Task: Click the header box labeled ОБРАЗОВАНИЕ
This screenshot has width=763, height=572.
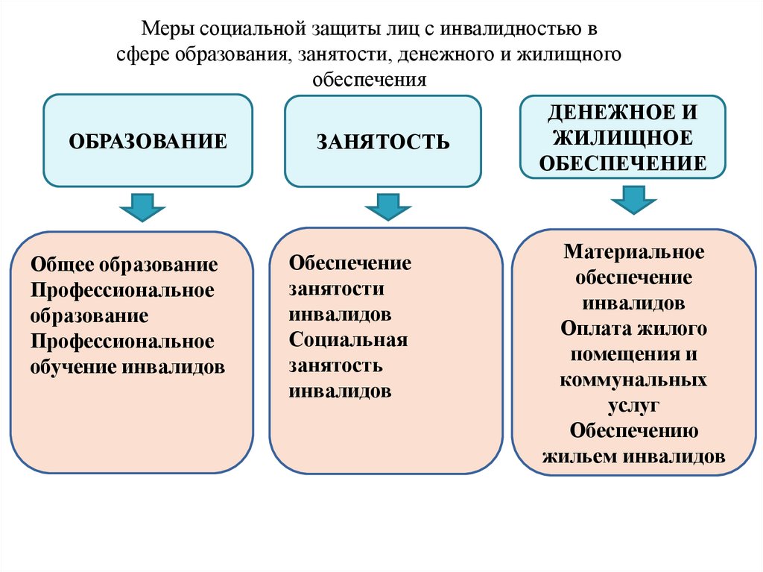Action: click(148, 141)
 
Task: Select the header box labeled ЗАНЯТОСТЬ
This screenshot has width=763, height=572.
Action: click(382, 141)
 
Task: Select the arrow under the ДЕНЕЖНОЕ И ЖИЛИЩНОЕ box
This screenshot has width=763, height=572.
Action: click(633, 199)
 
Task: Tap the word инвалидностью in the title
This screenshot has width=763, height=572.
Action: click(510, 31)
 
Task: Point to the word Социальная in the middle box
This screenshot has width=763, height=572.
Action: click(349, 340)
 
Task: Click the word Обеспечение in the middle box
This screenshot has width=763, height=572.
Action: click(350, 263)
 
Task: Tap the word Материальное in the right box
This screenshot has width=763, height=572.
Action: click(633, 251)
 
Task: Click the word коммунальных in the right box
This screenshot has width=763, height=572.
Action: click(633, 380)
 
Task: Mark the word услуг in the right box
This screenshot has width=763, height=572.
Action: click(633, 406)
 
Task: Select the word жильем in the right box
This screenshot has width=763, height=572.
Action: click(578, 456)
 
